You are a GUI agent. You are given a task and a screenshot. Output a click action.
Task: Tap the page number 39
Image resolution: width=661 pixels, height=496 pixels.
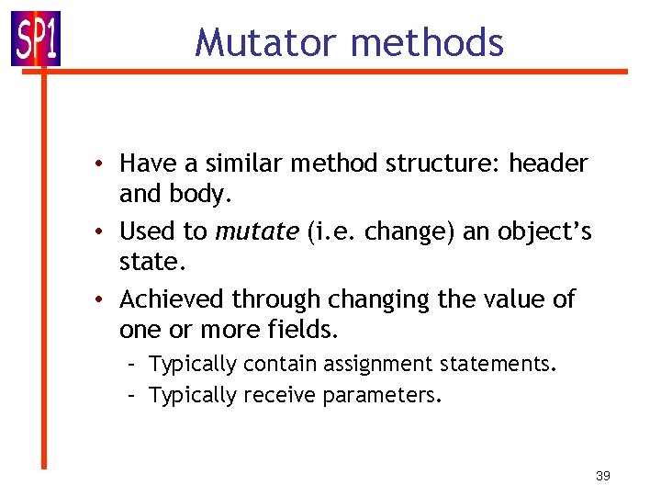[x=603, y=476]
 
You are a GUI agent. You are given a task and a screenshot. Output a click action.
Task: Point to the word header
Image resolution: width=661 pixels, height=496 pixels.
[x=548, y=163]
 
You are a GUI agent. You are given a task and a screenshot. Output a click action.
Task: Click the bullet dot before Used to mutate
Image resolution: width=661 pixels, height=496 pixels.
[x=107, y=231]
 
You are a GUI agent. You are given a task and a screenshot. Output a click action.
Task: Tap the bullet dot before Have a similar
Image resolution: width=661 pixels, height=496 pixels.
[x=107, y=163]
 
